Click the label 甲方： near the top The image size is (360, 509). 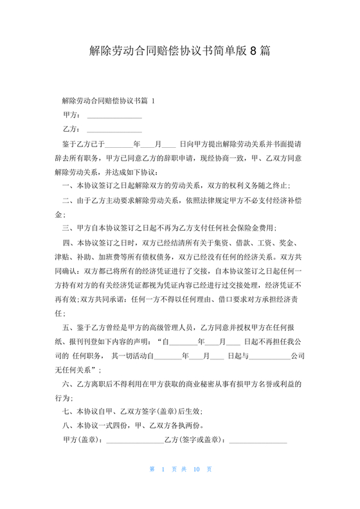(x=71, y=115)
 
